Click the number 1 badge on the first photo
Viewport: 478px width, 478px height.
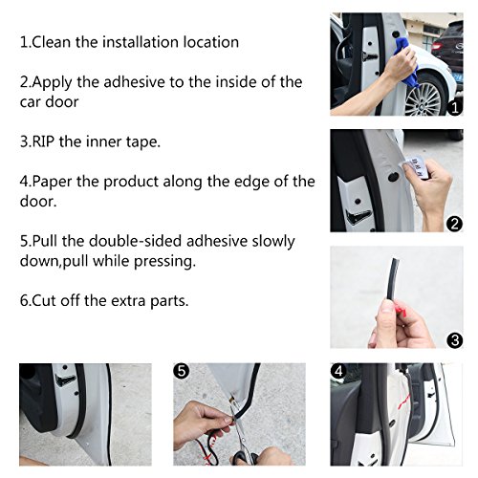(455, 108)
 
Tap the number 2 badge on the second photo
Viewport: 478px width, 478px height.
(455, 224)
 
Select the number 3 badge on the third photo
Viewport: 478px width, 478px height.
(455, 338)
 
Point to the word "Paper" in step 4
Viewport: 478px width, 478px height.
(57, 182)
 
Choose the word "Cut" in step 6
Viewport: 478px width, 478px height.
(48, 300)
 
